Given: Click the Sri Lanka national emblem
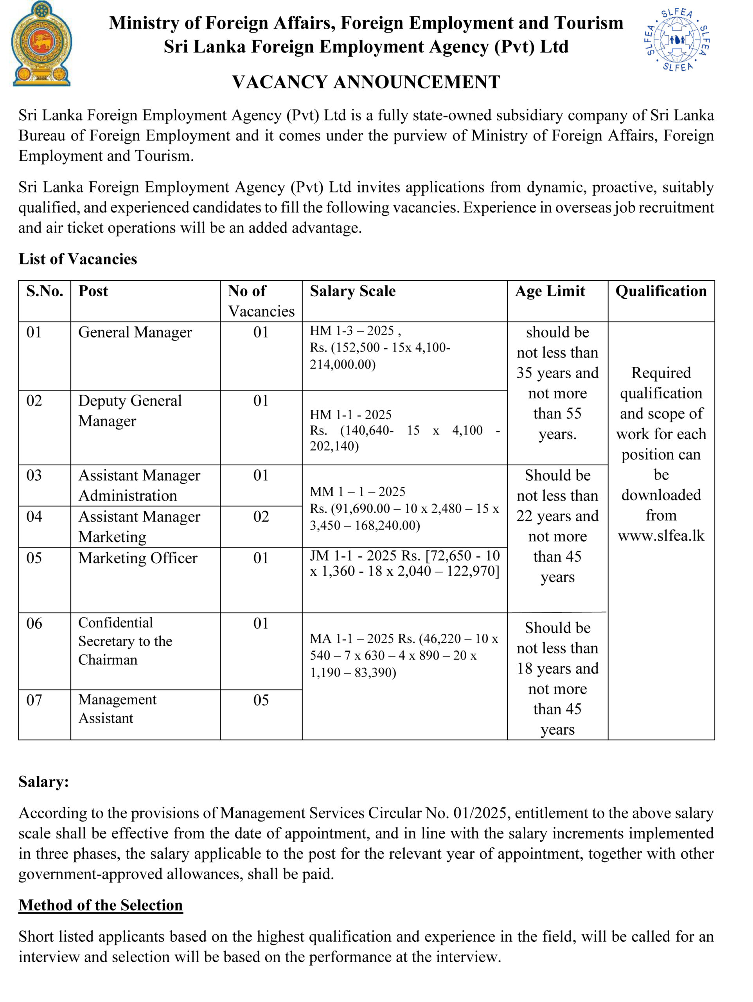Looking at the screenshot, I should [41, 44].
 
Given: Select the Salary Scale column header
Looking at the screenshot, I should [352, 291].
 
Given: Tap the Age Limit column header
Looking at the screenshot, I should [550, 291].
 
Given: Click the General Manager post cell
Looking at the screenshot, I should [135, 332].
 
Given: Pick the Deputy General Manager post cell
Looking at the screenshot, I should [129, 411].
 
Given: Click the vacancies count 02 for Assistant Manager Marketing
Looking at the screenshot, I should [261, 516].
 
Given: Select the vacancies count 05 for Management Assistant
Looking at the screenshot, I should [261, 700].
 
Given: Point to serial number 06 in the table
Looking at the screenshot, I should [34, 623].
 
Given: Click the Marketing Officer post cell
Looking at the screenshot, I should [138, 558].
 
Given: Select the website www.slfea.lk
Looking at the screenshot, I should [661, 536].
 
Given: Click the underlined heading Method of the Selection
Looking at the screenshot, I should [101, 905].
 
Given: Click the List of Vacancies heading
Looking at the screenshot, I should [77, 259].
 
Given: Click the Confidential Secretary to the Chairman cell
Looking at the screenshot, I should [125, 641].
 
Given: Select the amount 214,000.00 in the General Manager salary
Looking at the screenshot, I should [342, 364].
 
